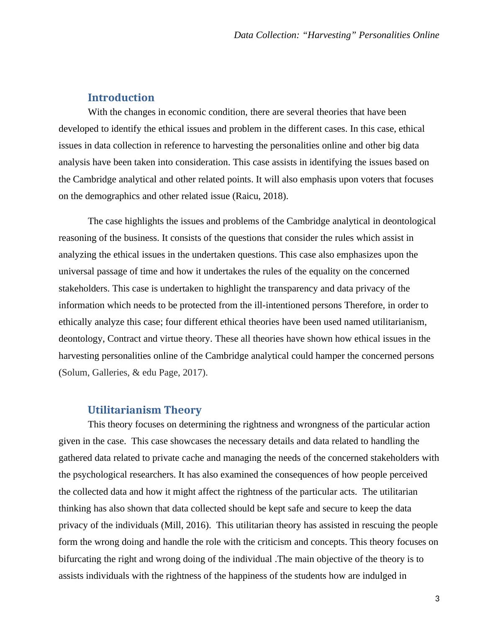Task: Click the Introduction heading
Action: coord(121,97)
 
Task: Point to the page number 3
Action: coord(437,599)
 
